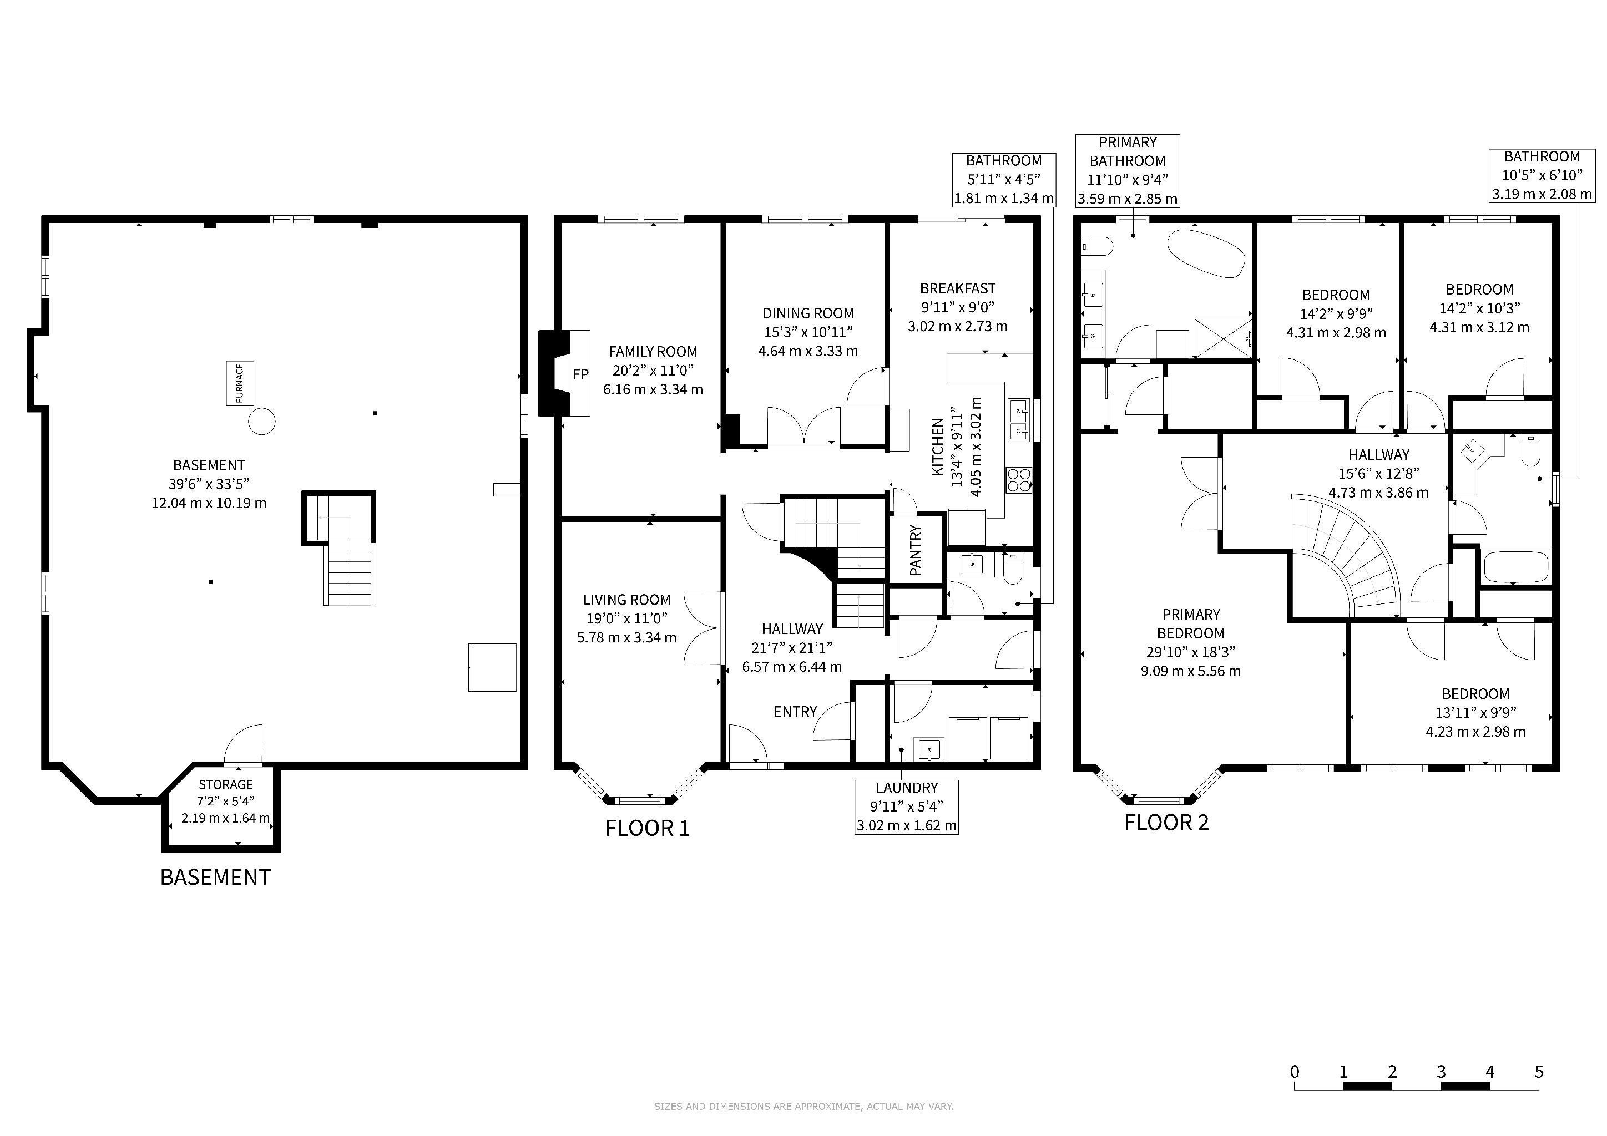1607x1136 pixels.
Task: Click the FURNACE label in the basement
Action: (x=239, y=383)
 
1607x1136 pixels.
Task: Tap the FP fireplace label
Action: (x=580, y=374)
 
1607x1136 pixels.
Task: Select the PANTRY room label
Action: (x=915, y=550)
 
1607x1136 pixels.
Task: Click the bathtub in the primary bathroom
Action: (x=1206, y=253)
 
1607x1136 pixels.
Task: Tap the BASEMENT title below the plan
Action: (x=215, y=877)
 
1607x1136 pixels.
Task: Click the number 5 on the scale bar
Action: (x=1538, y=1072)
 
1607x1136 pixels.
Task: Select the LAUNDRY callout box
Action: (x=906, y=807)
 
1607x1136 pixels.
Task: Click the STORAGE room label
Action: (x=225, y=785)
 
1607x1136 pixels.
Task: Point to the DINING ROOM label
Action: (x=808, y=313)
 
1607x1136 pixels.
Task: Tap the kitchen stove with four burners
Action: (x=1019, y=480)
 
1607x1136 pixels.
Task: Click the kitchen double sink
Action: (x=1019, y=420)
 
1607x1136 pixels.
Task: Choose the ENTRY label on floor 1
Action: (x=795, y=712)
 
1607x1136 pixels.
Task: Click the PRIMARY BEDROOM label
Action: (x=1191, y=624)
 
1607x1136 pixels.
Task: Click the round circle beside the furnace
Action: (x=262, y=421)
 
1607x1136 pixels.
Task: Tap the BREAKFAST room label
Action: (x=957, y=288)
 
